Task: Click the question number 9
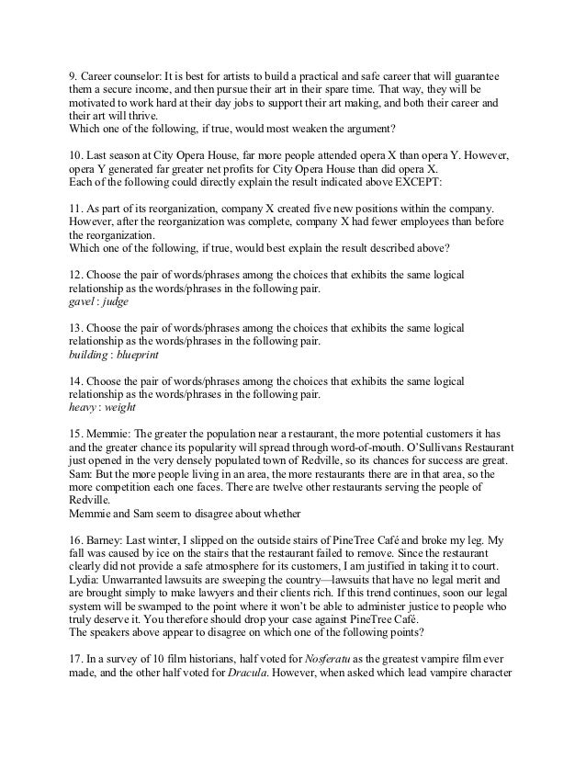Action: pyautogui.click(x=73, y=76)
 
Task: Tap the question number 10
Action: pyautogui.click(x=76, y=156)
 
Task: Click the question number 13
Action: pyautogui.click(x=76, y=328)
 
